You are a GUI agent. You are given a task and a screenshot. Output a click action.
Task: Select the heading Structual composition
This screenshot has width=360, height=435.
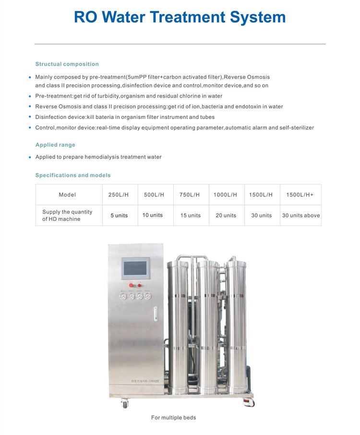pyautogui.click(x=67, y=64)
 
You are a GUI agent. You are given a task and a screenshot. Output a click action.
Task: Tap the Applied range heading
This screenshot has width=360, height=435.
pyautogui.click(x=55, y=145)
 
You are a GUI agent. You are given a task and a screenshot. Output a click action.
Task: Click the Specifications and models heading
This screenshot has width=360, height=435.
pyautogui.click(x=73, y=175)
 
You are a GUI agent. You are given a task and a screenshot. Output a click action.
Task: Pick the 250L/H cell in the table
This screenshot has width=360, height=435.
pyautogui.click(x=119, y=194)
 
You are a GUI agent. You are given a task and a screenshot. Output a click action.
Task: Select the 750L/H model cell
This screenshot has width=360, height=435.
pyautogui.click(x=190, y=194)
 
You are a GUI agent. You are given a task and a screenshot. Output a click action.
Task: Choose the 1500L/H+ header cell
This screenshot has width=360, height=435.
pyautogui.click(x=300, y=194)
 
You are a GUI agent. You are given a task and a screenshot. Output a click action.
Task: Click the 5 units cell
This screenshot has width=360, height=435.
pyautogui.click(x=119, y=216)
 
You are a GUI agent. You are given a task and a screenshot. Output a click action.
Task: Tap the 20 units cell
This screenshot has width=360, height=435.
pyautogui.click(x=226, y=216)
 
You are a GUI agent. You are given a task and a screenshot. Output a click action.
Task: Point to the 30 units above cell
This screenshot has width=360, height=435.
pyautogui.click(x=301, y=216)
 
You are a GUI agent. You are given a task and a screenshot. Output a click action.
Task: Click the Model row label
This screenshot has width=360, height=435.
pyautogui.click(x=67, y=194)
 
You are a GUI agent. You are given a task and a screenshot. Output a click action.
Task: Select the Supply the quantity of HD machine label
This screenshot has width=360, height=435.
pyautogui.click(x=67, y=216)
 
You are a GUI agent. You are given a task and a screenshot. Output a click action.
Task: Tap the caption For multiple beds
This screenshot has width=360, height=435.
pyautogui.click(x=173, y=418)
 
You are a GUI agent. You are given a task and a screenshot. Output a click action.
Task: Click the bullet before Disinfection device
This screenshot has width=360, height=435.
pyautogui.click(x=30, y=117)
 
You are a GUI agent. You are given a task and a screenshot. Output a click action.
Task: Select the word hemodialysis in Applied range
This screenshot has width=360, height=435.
pyautogui.click(x=101, y=157)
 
